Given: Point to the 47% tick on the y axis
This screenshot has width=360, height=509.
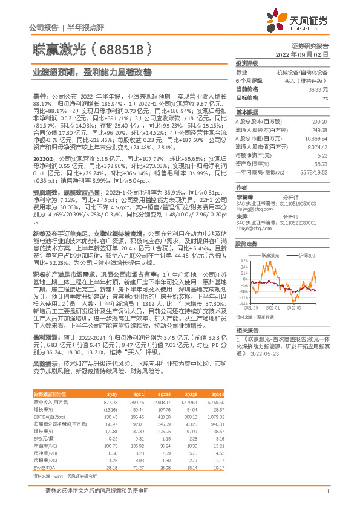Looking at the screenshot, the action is pos(245,260).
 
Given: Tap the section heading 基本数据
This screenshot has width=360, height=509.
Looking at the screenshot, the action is pos(246,112).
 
